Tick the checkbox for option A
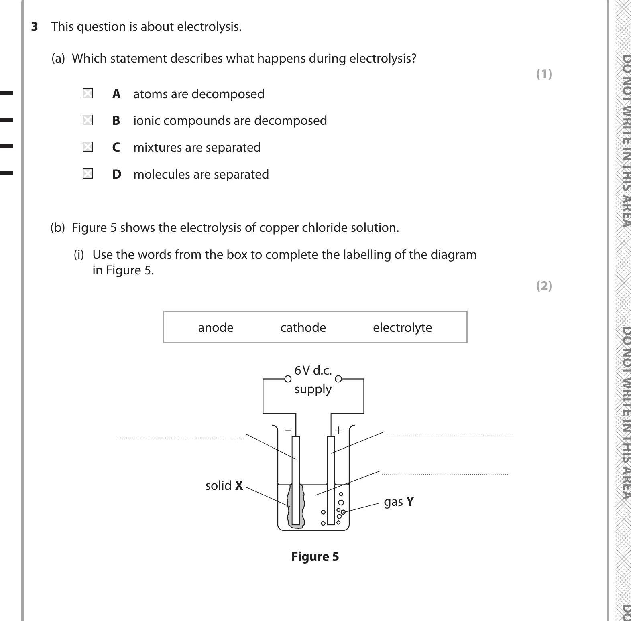[x=88, y=93]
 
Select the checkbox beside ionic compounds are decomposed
[x=88, y=120]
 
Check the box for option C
[x=88, y=147]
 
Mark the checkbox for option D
[x=88, y=174]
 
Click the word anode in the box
[x=216, y=327]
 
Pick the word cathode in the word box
[x=303, y=327]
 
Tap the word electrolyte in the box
[x=402, y=327]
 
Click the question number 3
[x=35, y=27]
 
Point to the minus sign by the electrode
[x=288, y=430]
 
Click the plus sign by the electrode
[x=338, y=430]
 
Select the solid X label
[x=224, y=485]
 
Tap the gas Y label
[x=399, y=502]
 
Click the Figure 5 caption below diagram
[x=315, y=556]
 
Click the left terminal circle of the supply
[x=288, y=379]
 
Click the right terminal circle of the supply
[x=338, y=379]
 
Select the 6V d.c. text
[x=313, y=370]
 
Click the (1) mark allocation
[x=544, y=74]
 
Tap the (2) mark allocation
[x=544, y=286]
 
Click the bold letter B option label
[x=116, y=120]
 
